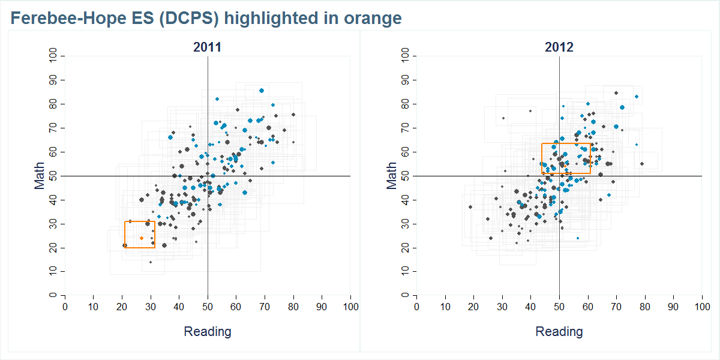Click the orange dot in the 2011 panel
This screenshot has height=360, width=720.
pyautogui.click(x=142, y=238)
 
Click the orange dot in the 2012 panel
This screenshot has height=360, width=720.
pyautogui.click(x=565, y=166)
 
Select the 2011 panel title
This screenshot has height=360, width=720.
pyautogui.click(x=207, y=47)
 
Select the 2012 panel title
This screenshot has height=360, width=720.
pyautogui.click(x=559, y=47)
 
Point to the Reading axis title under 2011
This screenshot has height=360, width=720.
pyautogui.click(x=207, y=331)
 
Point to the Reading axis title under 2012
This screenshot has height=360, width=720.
pyautogui.click(x=559, y=331)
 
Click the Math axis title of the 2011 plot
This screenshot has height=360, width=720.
pyautogui.click(x=40, y=176)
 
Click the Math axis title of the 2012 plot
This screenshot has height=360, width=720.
pyautogui.click(x=392, y=176)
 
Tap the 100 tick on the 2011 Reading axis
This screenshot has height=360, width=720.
pyautogui.click(x=350, y=307)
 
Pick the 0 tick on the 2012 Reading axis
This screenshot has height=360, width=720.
pyautogui.click(x=416, y=307)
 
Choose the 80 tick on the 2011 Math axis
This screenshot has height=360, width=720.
pyautogui.click(x=54, y=104)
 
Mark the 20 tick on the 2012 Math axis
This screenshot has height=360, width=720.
pyautogui.click(x=406, y=248)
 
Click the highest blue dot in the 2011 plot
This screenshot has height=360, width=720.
pyautogui.click(x=262, y=91)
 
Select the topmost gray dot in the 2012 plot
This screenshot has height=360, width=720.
pyautogui.click(x=616, y=93)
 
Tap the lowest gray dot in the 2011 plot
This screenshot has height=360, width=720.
pyautogui.click(x=151, y=262)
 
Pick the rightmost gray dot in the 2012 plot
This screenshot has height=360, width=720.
pyautogui.click(x=641, y=164)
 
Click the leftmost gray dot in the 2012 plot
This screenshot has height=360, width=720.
pyautogui.click(x=470, y=207)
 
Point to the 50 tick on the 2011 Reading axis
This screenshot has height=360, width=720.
pyautogui.click(x=208, y=307)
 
